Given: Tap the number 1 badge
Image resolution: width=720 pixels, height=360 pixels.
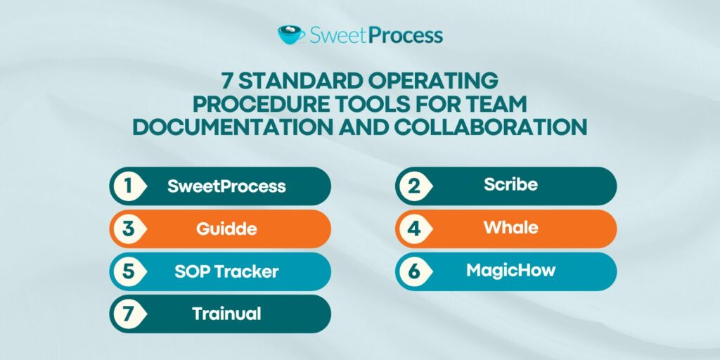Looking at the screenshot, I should click(x=127, y=186).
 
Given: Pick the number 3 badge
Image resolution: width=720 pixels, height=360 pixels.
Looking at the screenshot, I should click(x=127, y=229).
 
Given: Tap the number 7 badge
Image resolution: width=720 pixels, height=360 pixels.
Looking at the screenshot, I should click(x=127, y=314).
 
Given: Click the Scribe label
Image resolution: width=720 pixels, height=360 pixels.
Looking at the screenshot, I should click(x=510, y=185).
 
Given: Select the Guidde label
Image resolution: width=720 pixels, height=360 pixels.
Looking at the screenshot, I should click(x=226, y=229).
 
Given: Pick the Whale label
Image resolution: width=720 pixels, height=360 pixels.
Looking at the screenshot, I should click(x=510, y=228).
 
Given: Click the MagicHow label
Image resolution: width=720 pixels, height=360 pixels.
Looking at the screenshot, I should click(x=510, y=271).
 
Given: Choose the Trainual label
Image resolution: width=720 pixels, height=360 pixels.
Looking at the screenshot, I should click(x=226, y=314).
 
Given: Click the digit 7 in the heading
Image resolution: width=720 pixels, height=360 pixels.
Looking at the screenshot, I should click(x=228, y=79).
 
